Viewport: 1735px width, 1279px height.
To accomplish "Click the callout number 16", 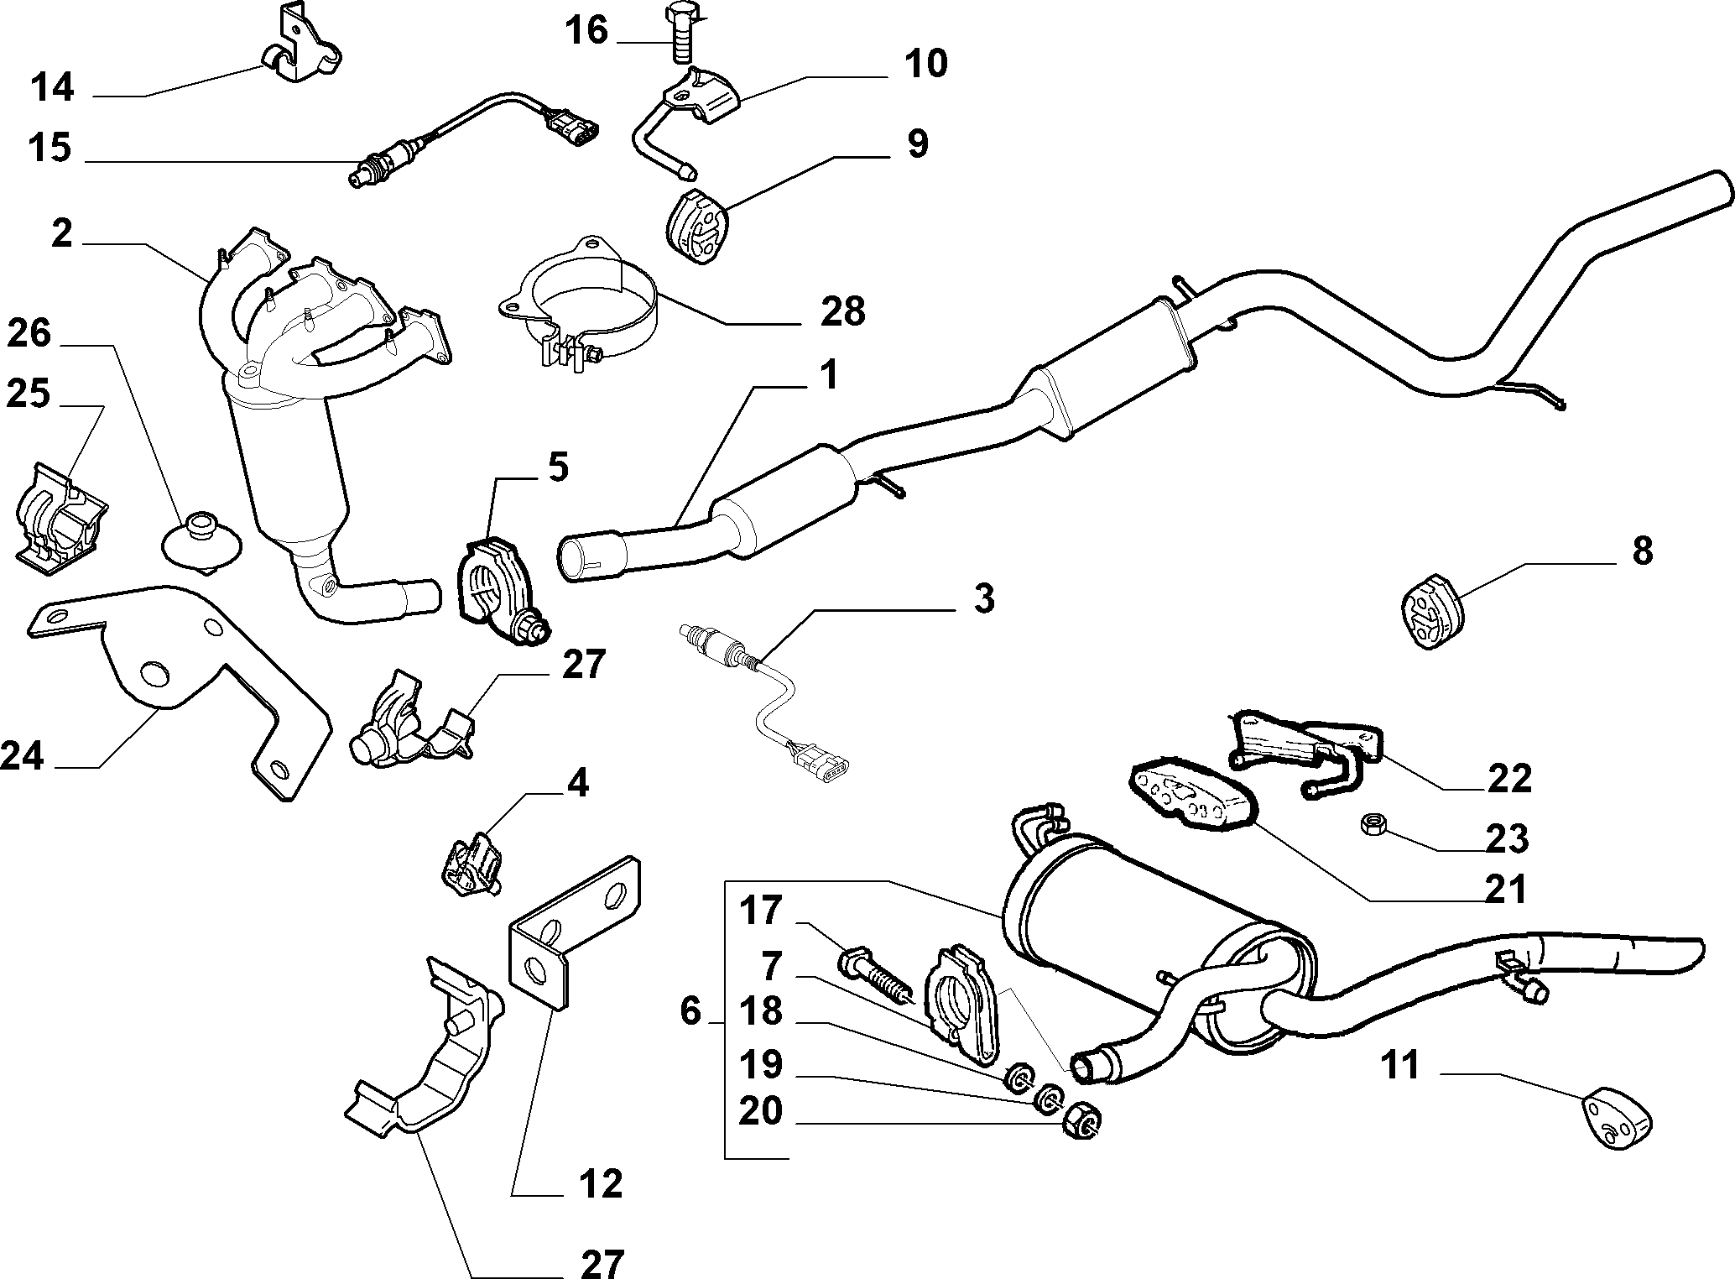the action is [x=586, y=31].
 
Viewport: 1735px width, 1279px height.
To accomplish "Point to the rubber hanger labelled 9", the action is [x=698, y=227].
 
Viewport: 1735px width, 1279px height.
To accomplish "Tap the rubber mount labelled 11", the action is [x=1616, y=1117].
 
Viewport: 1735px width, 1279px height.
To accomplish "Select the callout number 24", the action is [x=22, y=755].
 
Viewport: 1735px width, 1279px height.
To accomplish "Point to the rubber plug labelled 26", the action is [x=201, y=543].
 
